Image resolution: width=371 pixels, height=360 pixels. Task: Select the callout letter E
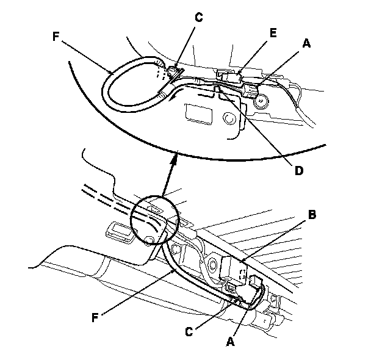click(272, 33)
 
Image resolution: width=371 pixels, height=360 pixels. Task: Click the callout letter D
click(298, 171)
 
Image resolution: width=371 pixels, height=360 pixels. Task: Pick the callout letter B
click(311, 215)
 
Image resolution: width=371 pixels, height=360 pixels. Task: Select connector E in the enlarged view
click(228, 76)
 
